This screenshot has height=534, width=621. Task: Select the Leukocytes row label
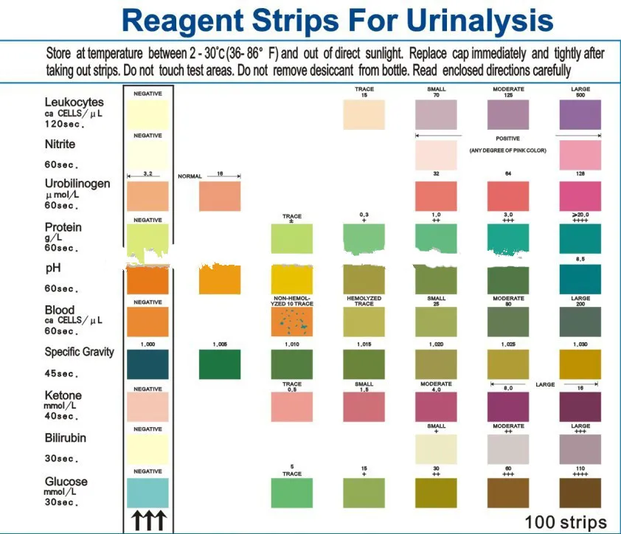tap(74, 102)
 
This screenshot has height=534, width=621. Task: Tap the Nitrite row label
tap(60, 145)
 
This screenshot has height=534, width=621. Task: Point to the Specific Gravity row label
tap(79, 352)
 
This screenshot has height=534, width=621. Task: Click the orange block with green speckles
tap(292, 322)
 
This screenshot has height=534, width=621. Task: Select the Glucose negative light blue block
tap(148, 492)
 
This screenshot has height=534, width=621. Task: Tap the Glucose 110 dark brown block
tap(580, 492)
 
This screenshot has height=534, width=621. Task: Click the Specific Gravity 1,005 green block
tap(220, 364)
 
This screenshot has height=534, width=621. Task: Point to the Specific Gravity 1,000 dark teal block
tap(148, 364)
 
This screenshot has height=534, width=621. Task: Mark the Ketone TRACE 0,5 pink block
tap(292, 406)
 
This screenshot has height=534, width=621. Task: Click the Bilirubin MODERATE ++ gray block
tap(508, 449)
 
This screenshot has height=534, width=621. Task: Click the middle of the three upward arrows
tap(148, 522)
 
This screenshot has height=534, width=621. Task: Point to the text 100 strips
tap(565, 521)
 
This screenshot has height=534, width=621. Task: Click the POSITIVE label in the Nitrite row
tap(508, 138)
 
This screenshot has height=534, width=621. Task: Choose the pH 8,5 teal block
tap(580, 280)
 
